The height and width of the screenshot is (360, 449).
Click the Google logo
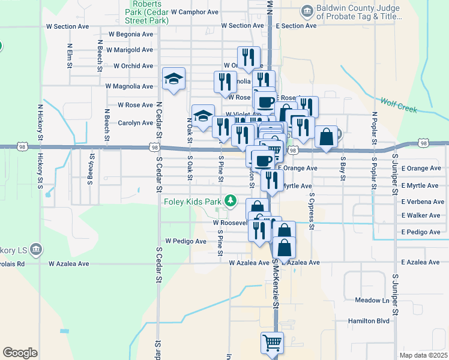tap(20, 353)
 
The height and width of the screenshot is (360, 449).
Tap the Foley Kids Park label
tap(192, 202)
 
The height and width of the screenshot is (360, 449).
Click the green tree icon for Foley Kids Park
tap(229, 200)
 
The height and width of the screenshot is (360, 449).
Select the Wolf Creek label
tap(399, 104)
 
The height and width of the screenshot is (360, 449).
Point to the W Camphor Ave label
tap(194, 11)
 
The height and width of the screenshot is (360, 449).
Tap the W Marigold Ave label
tap(129, 50)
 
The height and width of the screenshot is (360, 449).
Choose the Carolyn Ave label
tap(135, 123)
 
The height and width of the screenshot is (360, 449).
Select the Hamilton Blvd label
tap(369, 321)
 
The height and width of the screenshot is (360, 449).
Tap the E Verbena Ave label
tap(423, 202)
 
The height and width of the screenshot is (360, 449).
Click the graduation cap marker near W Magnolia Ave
tap(173, 79)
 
